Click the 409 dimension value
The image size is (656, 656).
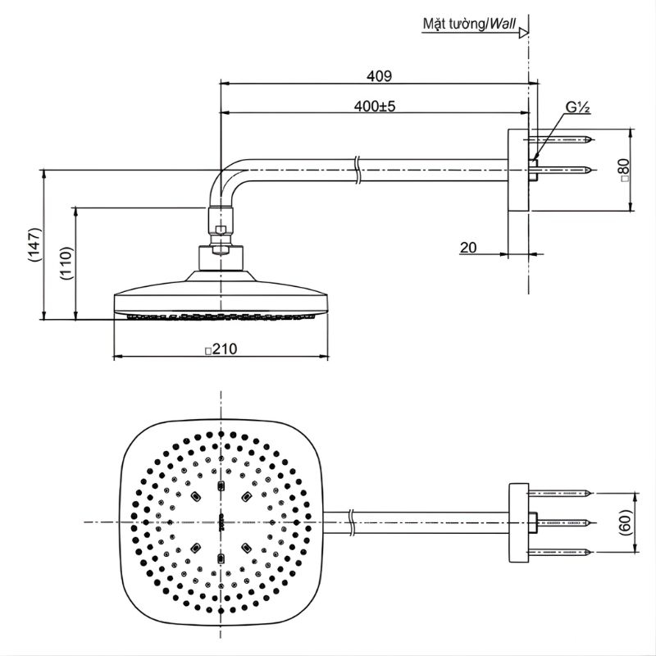click(380, 76)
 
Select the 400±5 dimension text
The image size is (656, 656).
click(375, 107)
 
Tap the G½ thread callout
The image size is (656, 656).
click(578, 107)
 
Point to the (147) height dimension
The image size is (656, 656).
click(34, 244)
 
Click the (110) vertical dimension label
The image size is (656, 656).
click(66, 263)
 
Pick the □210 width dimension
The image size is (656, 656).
click(221, 349)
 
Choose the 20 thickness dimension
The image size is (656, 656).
click(468, 248)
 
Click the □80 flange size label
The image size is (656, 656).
click(624, 170)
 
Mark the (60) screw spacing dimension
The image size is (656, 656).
click(625, 522)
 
